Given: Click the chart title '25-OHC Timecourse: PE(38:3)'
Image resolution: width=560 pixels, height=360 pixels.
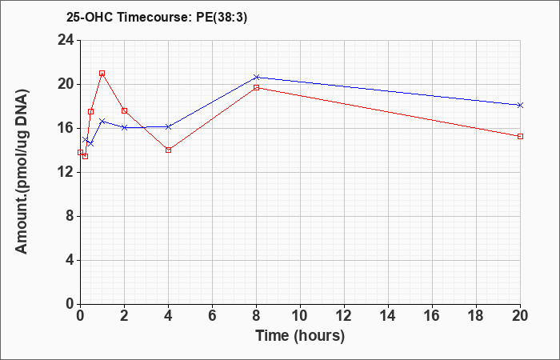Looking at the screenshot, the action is click(157, 18).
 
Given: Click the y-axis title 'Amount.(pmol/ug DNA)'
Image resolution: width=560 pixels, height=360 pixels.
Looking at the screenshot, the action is click(22, 172).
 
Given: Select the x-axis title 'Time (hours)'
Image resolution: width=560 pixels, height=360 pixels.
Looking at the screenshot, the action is click(300, 336).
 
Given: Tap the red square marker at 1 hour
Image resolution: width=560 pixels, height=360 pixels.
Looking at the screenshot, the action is click(102, 74).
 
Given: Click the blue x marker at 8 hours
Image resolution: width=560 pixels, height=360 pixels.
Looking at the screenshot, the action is click(257, 77).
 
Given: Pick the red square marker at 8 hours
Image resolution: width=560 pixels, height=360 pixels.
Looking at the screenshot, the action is click(257, 87).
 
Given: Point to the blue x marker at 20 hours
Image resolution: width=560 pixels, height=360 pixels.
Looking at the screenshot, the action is click(520, 105).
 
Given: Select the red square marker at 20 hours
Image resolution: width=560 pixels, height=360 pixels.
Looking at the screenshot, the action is click(520, 137).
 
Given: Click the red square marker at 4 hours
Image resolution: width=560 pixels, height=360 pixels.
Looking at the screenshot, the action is click(169, 150).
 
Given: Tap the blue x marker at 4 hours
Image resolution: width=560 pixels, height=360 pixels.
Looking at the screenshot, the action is click(169, 126).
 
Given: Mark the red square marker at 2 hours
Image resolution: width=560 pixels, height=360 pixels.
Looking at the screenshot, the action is click(124, 110).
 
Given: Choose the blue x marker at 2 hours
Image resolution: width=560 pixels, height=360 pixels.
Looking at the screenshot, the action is click(124, 127).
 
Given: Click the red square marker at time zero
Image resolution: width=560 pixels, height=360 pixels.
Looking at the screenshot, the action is click(80, 153).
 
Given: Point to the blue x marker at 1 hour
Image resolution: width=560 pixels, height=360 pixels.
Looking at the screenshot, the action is click(102, 122).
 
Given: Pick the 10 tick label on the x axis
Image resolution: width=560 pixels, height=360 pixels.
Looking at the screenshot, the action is click(300, 316).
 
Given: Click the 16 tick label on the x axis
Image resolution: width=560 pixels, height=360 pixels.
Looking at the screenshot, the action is click(432, 316).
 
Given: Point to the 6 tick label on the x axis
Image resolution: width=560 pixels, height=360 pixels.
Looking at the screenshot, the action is click(212, 316).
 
